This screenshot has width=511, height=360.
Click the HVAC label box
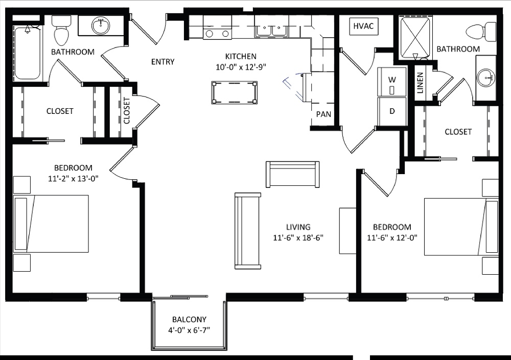tap(364, 27)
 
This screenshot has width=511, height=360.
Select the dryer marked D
tap(392, 111)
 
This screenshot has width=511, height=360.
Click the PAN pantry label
tap(323, 114)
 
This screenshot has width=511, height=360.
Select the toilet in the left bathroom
tap(62, 31)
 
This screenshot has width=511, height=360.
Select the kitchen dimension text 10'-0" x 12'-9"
tap(241, 66)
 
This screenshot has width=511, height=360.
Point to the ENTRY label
tap(162, 62)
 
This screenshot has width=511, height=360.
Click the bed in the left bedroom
tap(51, 224)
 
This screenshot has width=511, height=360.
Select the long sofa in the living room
tap(248, 230)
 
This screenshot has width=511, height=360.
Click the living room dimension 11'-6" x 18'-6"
tap(298, 237)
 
